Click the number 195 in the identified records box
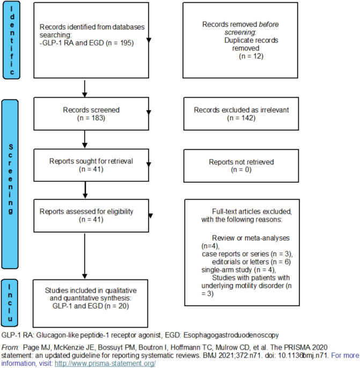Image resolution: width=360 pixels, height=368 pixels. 126,43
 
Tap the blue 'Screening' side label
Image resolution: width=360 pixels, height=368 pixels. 10,184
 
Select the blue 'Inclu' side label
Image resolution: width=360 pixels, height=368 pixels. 10,303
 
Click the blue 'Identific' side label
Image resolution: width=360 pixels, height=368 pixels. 11,40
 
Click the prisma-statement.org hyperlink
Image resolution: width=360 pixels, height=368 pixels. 105,363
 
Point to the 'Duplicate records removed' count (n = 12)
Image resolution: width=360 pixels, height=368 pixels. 251,56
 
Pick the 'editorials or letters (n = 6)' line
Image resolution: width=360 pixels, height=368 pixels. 251,262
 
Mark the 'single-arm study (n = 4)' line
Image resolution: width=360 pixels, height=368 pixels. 239,270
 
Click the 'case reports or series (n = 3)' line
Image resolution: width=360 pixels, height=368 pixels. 247,254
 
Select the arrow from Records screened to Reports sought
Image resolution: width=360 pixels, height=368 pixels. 85,139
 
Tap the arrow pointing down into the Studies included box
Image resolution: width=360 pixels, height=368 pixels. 85,256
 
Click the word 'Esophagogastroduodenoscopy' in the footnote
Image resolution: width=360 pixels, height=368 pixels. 231,335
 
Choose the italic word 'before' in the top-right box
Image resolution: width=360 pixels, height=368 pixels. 269,24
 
